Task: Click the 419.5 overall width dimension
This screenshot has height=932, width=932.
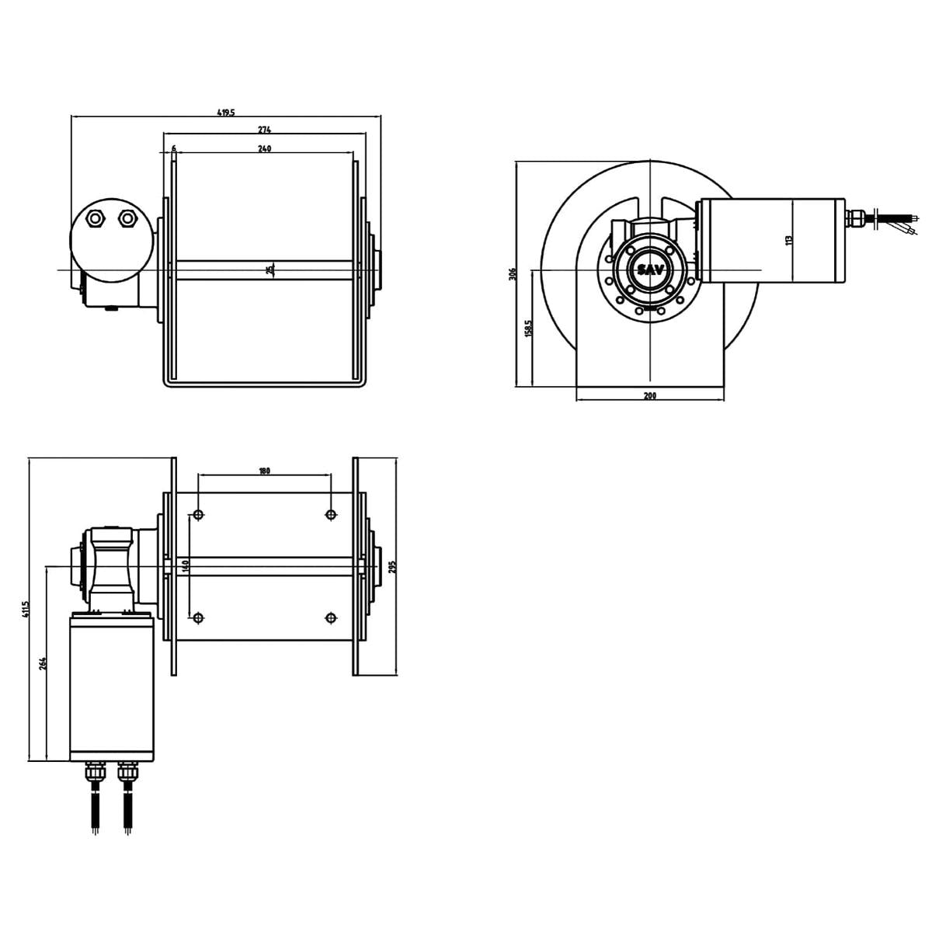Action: [225, 113]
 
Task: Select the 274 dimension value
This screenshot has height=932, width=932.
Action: [264, 130]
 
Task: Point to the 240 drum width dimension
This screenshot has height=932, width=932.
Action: [264, 148]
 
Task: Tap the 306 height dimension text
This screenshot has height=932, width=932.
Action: [512, 274]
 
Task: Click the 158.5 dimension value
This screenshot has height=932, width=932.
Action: [528, 328]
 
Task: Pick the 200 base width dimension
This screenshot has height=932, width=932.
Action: [650, 396]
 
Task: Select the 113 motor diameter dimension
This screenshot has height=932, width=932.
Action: [789, 241]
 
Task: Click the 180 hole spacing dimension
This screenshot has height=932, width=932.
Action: [264, 471]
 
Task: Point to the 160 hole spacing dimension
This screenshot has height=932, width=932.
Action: [186, 566]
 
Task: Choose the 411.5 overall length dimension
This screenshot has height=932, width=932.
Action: [25, 608]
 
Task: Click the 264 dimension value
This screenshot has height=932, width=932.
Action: [43, 663]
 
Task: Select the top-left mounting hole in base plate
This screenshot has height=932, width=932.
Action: [198, 514]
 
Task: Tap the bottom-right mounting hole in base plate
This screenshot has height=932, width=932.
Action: [332, 617]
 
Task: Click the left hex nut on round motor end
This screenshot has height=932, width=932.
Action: [96, 220]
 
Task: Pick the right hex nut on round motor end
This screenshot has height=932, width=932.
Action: [127, 220]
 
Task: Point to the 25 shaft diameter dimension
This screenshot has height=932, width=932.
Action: [270, 270]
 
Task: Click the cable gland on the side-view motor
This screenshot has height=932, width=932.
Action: [856, 218]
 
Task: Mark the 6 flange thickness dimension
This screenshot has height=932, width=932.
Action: [173, 148]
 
